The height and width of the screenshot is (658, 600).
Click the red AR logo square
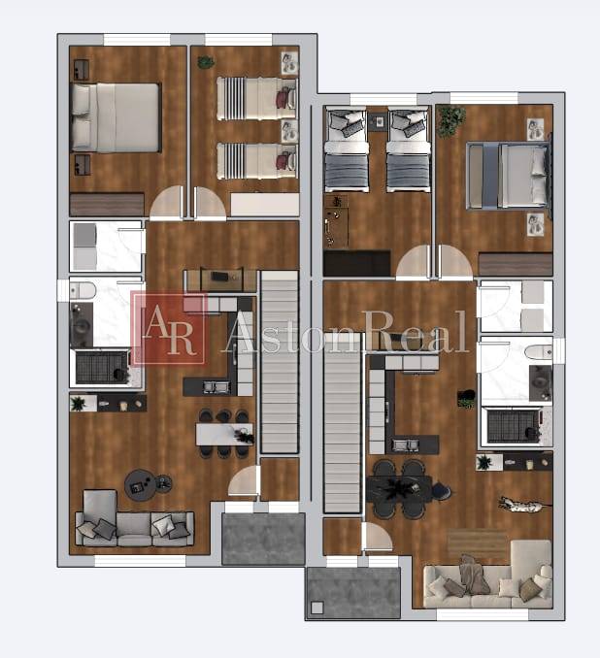(x=170, y=328)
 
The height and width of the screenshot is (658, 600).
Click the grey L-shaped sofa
(x=131, y=524)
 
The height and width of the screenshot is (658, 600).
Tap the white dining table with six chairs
(x=222, y=434)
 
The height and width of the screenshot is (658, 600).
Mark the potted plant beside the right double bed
(x=451, y=120)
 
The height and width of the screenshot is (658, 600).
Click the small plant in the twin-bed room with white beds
(x=206, y=62)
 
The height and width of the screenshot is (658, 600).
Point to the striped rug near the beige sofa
(x=478, y=543)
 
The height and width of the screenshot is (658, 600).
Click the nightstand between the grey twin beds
(x=377, y=121)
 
